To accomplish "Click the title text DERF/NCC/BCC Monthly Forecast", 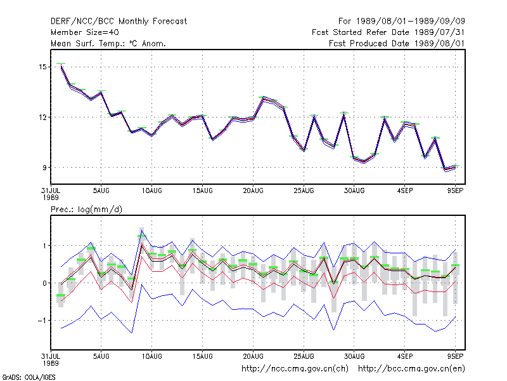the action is [119, 22].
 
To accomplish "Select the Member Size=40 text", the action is [85, 32].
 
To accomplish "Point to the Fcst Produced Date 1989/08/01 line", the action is [397, 43].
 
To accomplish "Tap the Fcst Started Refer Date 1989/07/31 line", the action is [388, 32].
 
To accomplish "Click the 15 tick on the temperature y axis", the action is [42, 67].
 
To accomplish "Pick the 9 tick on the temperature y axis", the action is [44, 168].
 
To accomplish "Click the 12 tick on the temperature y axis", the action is [42, 117].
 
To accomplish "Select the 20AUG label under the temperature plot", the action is [253, 191].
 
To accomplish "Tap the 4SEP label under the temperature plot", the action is [405, 191].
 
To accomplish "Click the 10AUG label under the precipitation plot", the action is [152, 356].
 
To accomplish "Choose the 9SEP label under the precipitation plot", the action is [455, 356].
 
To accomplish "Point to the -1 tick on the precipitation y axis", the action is [42, 321].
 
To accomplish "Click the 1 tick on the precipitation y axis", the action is [44, 246].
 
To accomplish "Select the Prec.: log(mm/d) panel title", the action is [86, 210].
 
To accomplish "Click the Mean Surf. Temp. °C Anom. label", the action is [108, 43].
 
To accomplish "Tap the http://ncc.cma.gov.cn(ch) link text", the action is [295, 369].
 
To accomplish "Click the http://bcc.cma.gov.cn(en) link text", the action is [411, 369].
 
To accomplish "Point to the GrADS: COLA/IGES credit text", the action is [29, 377].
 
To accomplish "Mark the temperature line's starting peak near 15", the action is [61, 65].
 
